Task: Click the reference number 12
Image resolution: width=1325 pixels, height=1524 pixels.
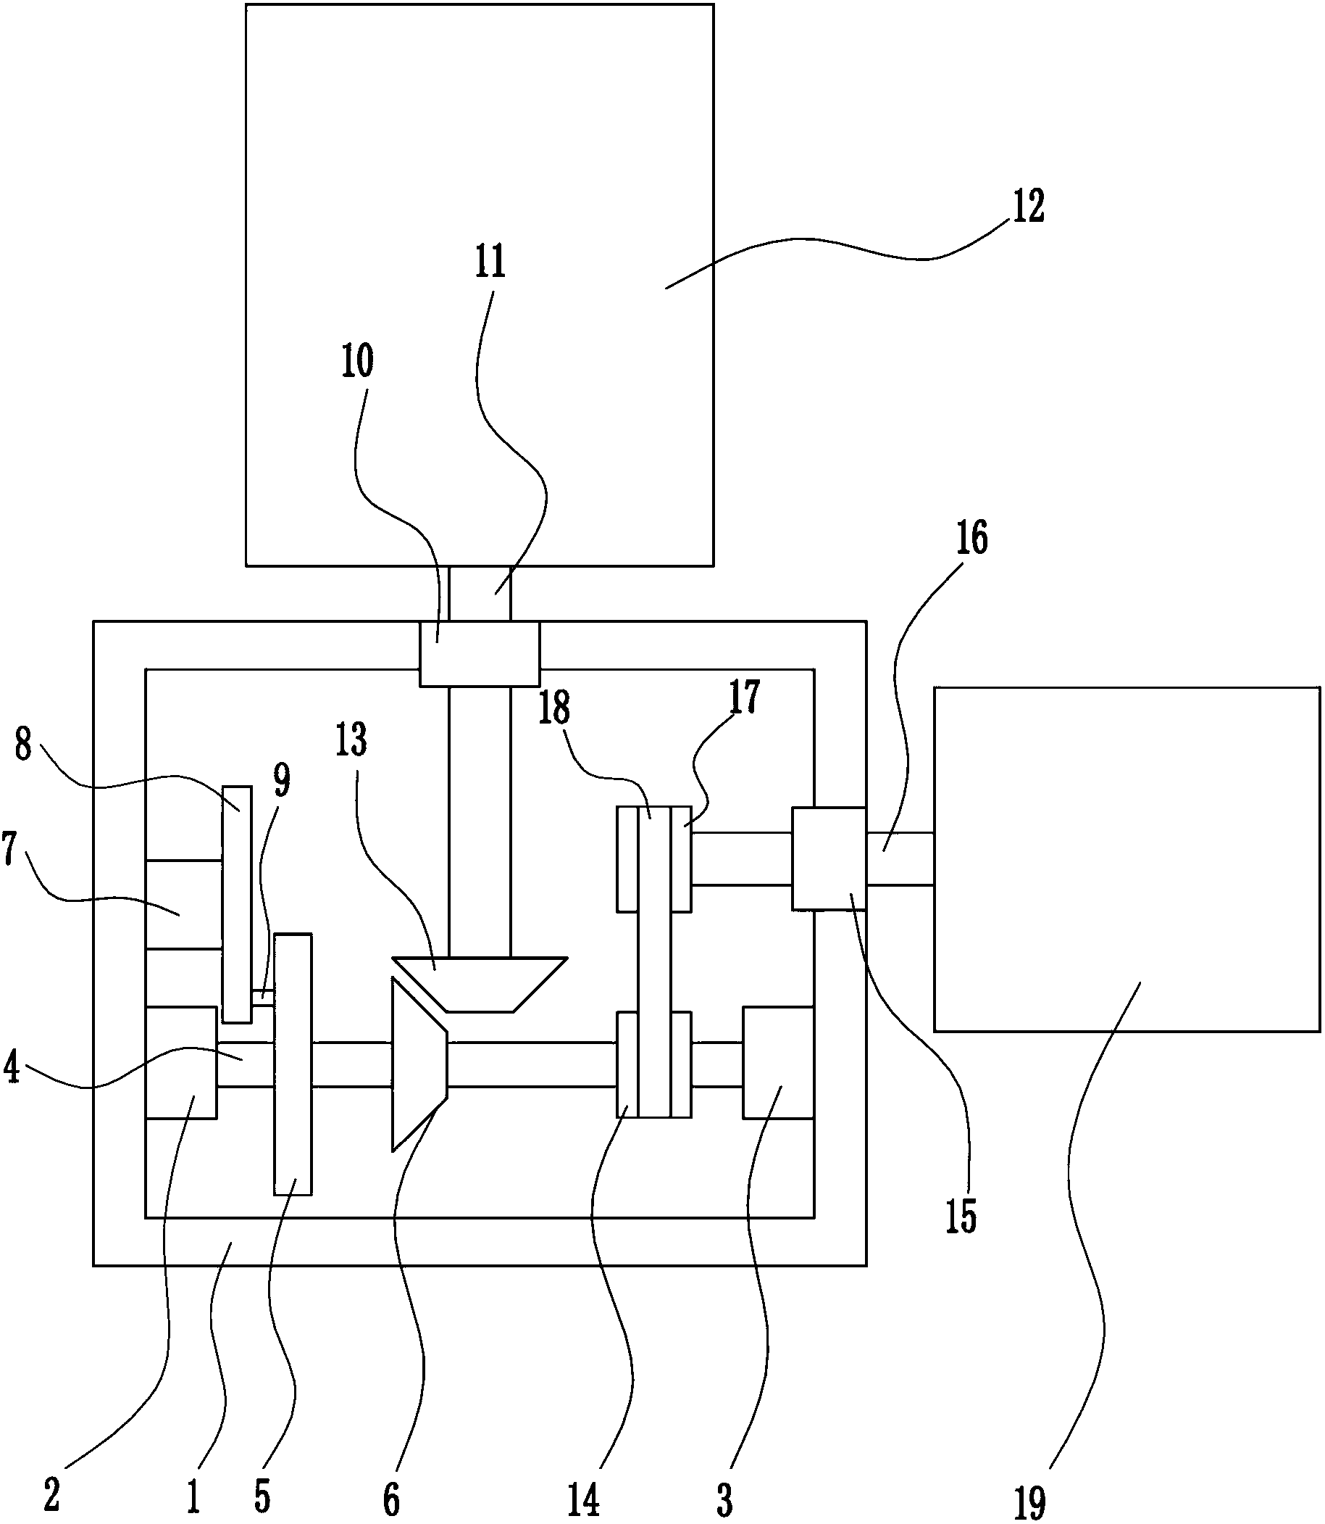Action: (x=1028, y=207)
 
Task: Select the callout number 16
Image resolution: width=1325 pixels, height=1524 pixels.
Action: (x=971, y=538)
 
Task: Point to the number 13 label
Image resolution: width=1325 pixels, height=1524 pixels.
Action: (x=351, y=740)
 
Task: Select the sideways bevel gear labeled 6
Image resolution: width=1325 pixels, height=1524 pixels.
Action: (x=419, y=1064)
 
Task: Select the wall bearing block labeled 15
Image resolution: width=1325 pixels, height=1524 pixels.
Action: (x=828, y=858)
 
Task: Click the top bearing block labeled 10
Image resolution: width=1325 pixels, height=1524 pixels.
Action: (x=479, y=654)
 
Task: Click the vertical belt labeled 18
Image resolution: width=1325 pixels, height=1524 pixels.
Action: (x=654, y=962)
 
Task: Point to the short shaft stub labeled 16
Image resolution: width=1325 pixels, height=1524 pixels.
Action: (x=899, y=858)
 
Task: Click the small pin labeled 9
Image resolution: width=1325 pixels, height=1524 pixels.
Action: (x=262, y=996)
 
